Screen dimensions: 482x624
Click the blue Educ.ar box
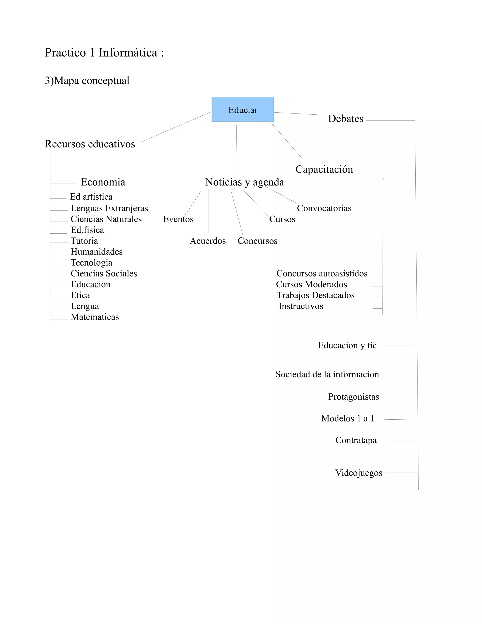coord(242,109)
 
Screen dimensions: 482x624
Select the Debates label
coord(345,119)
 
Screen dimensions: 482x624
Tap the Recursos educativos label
coord(90,144)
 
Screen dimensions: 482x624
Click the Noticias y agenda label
coord(245,182)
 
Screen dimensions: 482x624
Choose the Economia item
coord(103,182)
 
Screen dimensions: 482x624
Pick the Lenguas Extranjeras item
coord(109,208)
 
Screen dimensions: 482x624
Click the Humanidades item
coord(96,252)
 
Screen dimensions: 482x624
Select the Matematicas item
coord(95,317)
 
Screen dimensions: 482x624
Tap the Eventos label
coord(178,219)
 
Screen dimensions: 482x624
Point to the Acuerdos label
coord(208,241)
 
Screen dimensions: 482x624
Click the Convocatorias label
coord(324,208)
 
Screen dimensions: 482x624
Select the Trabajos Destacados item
coord(316,295)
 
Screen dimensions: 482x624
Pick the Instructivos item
coord(301,306)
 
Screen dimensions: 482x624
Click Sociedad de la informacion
coord(327,374)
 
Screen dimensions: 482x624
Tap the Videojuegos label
coord(359,473)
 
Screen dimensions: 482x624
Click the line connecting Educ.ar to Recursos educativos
coord(176,127)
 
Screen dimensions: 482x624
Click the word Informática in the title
coord(128,53)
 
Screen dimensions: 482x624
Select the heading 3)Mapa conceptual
coord(87,81)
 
